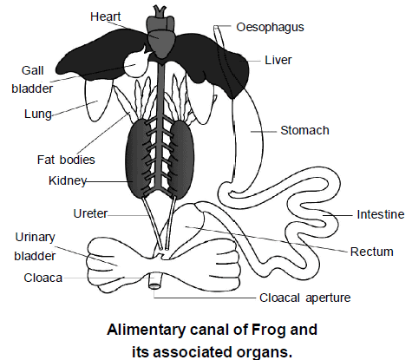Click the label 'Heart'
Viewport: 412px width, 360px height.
107,16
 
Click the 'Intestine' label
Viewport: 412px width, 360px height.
380,213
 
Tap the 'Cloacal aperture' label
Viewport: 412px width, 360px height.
305,298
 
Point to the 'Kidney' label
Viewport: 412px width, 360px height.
66,180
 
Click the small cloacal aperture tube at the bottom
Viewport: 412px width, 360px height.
157,282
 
